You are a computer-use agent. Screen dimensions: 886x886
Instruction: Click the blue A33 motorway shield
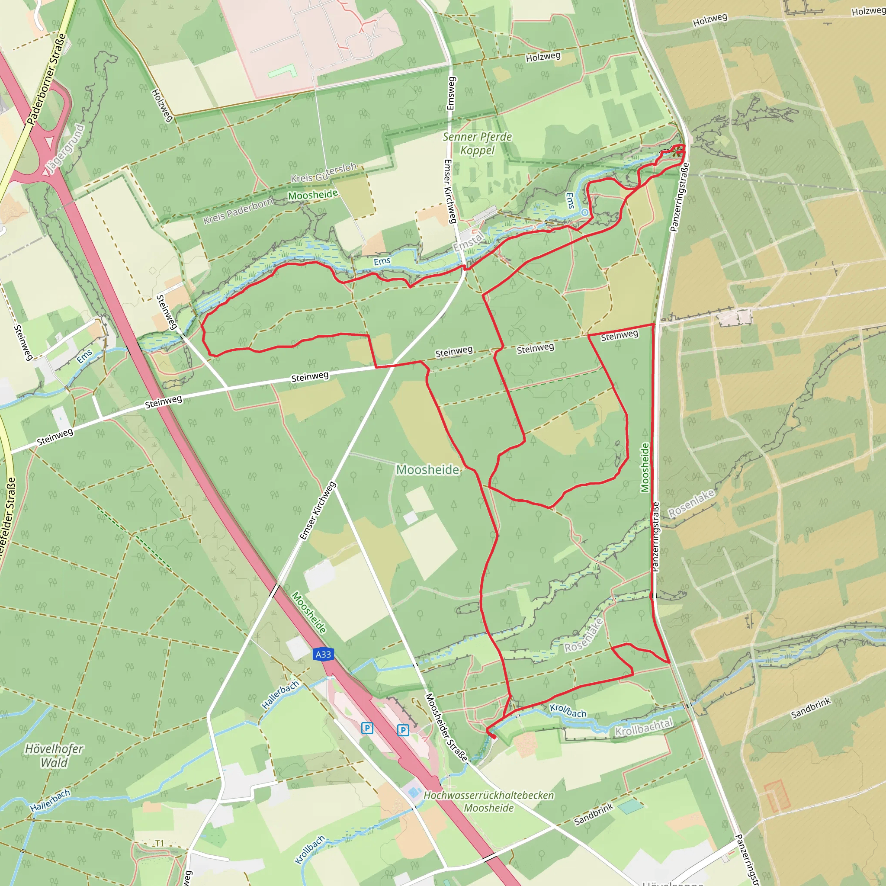323,655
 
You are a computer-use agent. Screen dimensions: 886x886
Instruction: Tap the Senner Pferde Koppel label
478,144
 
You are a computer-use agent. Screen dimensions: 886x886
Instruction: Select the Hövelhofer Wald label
54,756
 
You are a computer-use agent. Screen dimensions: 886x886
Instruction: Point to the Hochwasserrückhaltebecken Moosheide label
489,802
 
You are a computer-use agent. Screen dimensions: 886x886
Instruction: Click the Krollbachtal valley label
643,727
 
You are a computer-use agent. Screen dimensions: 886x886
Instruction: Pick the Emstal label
468,242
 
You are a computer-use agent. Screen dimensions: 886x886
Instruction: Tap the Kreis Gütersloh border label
324,173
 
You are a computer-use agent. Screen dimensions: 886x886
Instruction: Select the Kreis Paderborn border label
238,211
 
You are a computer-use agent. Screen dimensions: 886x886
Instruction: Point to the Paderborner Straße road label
46,78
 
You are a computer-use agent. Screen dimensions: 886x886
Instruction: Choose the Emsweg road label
451,93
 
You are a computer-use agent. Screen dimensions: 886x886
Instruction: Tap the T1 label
159,843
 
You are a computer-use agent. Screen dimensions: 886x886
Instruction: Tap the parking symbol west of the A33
367,728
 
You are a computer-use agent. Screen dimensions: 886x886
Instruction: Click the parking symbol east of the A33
403,730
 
